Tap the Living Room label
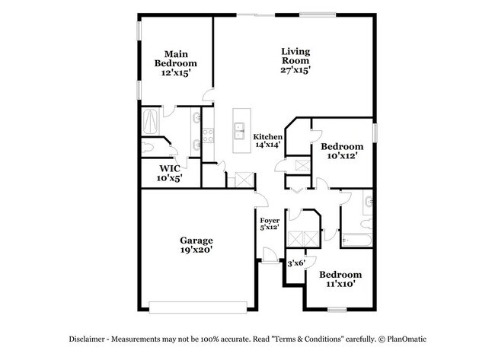296,60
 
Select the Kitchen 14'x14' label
267,139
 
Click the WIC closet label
169,174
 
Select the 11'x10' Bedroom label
339,279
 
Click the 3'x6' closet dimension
296,263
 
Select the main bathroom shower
152,120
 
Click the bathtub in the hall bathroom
356,240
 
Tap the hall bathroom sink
369,202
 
